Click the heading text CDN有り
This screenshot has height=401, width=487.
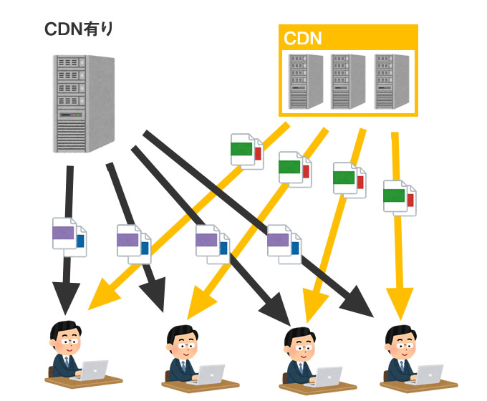point(79,29)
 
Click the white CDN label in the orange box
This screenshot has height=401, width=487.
point(303,38)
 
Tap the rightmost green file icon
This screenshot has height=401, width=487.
point(399,196)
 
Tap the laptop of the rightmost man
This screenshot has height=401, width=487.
point(428,373)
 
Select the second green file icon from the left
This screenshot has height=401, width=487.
point(294,169)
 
